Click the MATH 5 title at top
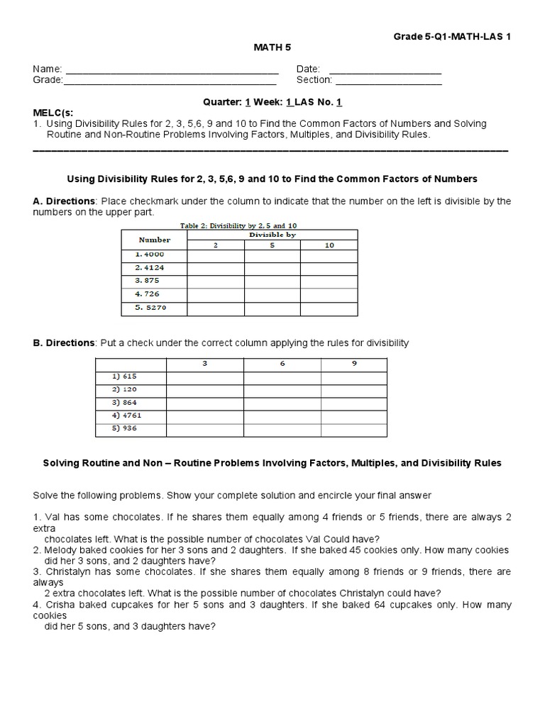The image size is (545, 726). point(272,48)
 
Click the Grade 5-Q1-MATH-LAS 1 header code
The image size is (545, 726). point(453,36)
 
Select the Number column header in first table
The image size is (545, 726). point(154,240)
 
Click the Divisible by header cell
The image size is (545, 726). point(272,235)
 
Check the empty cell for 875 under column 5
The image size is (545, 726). point(272,281)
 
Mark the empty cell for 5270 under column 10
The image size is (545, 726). point(329,308)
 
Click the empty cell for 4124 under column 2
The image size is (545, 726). point(216,268)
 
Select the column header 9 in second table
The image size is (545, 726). point(354,364)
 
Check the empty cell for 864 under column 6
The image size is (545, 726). point(282,403)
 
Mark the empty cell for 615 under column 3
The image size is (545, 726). point(204,377)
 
